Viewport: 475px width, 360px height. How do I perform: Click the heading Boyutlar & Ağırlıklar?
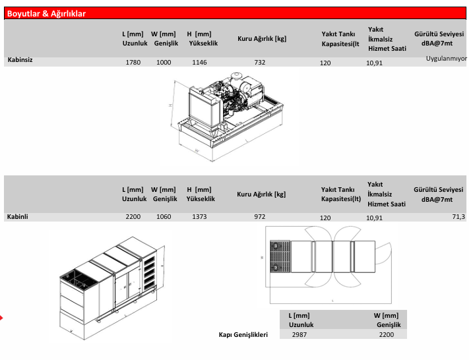point(46,13)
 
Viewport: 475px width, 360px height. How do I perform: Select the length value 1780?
point(133,63)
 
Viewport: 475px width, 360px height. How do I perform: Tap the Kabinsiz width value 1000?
point(164,63)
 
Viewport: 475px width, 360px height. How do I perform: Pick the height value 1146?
point(199,63)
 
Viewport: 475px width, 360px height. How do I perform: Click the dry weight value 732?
point(259,63)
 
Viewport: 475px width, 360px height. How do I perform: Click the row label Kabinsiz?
point(20,60)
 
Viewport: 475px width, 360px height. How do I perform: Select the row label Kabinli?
point(18,216)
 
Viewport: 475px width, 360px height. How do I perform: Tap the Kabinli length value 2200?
point(133,217)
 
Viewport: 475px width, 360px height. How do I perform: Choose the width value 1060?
point(164,217)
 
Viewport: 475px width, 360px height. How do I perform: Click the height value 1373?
point(200,217)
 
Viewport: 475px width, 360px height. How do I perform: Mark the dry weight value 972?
point(259,217)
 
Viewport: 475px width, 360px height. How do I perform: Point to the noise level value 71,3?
point(459,217)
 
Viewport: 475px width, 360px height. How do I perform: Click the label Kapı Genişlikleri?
point(243,334)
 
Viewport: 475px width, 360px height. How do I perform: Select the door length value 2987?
point(299,334)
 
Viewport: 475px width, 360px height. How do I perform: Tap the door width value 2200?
point(387,334)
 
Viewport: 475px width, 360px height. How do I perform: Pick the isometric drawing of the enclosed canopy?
point(109,284)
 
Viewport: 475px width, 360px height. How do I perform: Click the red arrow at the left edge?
point(2,318)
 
